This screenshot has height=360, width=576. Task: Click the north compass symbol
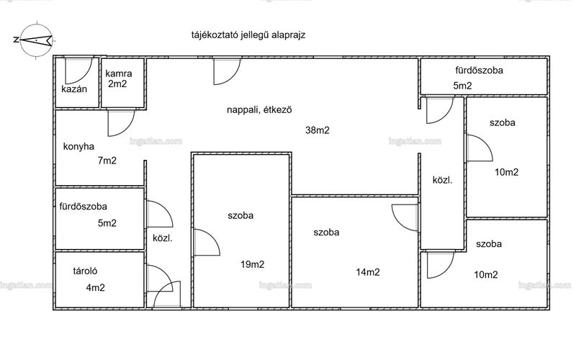(x=35, y=40)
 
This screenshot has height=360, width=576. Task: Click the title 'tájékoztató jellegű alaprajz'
(x=248, y=35)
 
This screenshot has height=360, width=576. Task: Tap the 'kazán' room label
(x=74, y=89)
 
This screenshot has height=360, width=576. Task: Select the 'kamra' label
(x=119, y=73)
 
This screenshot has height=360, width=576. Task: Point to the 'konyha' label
(x=78, y=147)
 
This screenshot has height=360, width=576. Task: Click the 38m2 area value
(x=318, y=130)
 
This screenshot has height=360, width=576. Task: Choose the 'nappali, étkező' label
(x=259, y=110)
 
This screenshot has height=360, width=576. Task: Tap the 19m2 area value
(x=253, y=264)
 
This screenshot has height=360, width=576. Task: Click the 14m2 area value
(x=368, y=272)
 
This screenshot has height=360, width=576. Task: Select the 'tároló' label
(x=85, y=271)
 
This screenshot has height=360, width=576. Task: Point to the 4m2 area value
(x=96, y=287)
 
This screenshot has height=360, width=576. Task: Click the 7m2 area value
(x=107, y=161)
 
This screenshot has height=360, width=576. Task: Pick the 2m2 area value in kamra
(x=117, y=84)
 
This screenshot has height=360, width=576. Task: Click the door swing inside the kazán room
(x=78, y=71)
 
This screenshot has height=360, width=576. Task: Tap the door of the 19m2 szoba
(x=207, y=242)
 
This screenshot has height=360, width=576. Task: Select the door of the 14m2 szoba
(x=405, y=218)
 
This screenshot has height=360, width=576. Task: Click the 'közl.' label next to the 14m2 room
(x=442, y=181)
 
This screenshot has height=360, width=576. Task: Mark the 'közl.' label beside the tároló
(x=163, y=238)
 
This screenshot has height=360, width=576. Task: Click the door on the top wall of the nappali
(x=228, y=71)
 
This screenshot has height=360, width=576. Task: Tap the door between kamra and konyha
(x=122, y=123)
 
